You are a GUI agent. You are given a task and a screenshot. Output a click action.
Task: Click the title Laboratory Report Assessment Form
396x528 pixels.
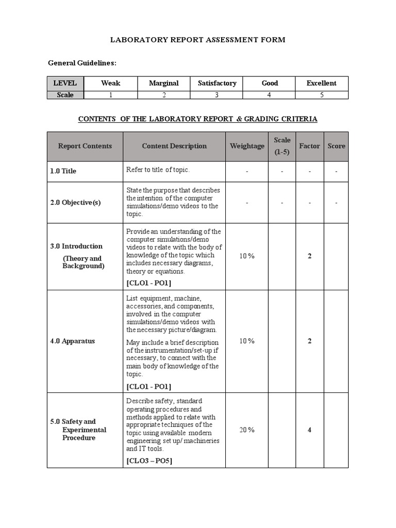(199, 40)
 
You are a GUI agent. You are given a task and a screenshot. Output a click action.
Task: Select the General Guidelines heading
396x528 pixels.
(82, 63)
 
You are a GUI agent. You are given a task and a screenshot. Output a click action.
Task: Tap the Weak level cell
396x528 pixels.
(110, 83)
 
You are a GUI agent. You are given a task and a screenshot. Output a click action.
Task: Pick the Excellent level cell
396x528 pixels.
(321, 83)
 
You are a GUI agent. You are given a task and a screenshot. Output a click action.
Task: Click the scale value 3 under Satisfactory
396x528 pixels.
(217, 95)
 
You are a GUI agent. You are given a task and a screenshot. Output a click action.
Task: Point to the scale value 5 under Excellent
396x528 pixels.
(321, 95)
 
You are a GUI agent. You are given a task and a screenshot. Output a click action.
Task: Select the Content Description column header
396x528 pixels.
(174, 146)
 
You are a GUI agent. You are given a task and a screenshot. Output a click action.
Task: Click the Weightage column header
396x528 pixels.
(247, 146)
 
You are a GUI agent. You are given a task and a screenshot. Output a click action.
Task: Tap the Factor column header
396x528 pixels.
(309, 146)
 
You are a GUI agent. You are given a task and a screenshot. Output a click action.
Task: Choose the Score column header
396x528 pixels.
(336, 146)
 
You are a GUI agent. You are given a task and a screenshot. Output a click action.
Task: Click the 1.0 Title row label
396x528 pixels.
(63, 171)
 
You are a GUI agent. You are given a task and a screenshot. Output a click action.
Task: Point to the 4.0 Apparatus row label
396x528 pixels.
(73, 341)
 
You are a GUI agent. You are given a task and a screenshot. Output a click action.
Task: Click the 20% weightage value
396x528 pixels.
(247, 430)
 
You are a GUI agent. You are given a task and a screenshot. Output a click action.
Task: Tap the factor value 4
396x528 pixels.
(309, 430)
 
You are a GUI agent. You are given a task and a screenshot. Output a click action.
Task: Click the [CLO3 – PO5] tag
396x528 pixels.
(149, 461)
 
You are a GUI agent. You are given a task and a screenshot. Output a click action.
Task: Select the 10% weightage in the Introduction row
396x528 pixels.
(247, 256)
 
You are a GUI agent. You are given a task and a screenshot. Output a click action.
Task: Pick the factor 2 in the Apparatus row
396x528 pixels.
(309, 341)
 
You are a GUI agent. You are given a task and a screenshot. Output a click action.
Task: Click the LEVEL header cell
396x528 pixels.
(65, 83)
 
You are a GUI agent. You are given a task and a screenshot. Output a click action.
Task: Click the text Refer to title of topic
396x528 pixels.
(155, 170)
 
